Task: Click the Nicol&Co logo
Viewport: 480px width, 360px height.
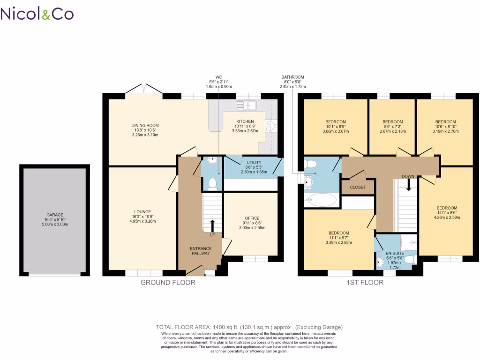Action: (37, 14)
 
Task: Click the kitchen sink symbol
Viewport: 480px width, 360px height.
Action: (246, 105)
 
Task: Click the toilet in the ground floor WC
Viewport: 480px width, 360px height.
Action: (212, 183)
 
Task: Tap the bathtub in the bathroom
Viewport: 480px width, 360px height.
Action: (321, 200)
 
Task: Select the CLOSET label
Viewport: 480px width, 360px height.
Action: (358, 187)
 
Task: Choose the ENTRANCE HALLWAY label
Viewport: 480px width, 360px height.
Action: (201, 251)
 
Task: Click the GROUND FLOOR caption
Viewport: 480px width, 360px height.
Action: (168, 283)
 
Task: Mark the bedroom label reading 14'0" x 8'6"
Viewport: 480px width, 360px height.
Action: (446, 212)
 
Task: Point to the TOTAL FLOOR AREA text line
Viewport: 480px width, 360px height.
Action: (249, 327)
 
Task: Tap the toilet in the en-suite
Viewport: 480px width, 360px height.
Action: (410, 259)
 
